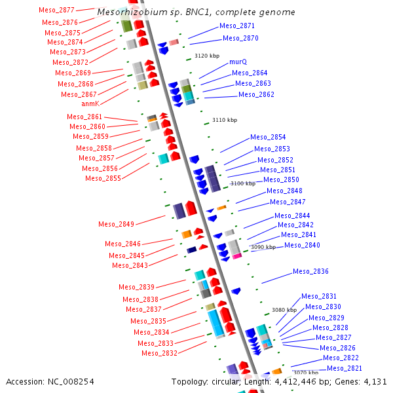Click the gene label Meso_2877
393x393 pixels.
pyautogui.click(x=57, y=10)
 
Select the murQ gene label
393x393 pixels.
pyautogui.click(x=238, y=62)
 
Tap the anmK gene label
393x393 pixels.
pyautogui.click(x=90, y=103)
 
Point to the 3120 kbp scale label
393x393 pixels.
pyautogui.click(x=207, y=56)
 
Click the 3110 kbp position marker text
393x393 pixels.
pyautogui.click(x=225, y=120)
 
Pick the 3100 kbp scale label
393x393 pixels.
pyautogui.click(x=242, y=184)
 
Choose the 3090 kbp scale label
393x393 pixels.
pyautogui.click(x=263, y=247)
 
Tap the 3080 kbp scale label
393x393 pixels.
pyautogui.click(x=284, y=310)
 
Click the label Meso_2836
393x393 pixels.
pyautogui.click(x=310, y=271)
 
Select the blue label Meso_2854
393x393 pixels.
pyautogui.click(x=268, y=138)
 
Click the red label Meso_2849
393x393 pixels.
pyautogui.click(x=117, y=224)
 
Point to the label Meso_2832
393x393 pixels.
pyautogui.click(x=159, y=353)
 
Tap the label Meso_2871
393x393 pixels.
pyautogui.click(x=237, y=26)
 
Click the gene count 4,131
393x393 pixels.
pyautogui.click(x=374, y=381)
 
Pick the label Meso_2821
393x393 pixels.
pyautogui.click(x=344, y=368)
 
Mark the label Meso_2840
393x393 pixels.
pyautogui.click(x=302, y=245)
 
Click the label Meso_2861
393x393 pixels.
pyautogui.click(x=84, y=117)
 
